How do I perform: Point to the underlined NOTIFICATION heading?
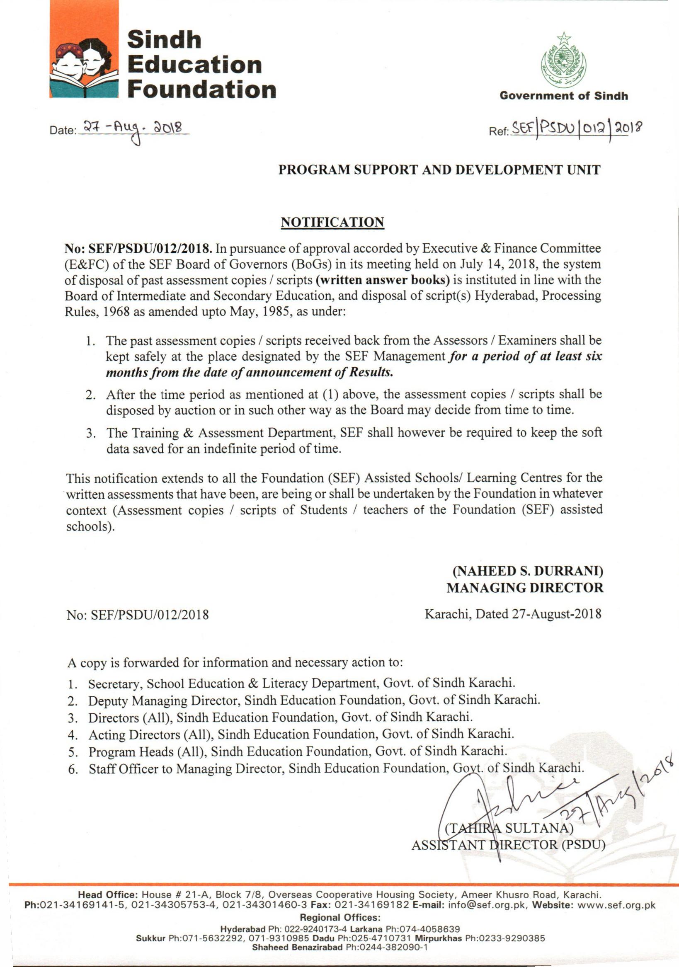[x=332, y=222]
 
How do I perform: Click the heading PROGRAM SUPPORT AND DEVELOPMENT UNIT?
[x=439, y=170]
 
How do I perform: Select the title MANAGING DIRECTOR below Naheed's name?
[x=524, y=588]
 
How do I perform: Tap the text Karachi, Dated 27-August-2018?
[x=513, y=615]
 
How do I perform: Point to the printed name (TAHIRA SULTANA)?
[x=510, y=829]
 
